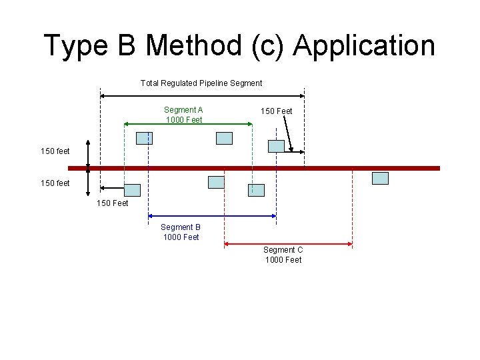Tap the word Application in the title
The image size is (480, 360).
pyautogui.click(x=363, y=45)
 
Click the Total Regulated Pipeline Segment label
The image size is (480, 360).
pyautogui.click(x=201, y=83)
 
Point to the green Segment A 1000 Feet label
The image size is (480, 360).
pyautogui.click(x=183, y=115)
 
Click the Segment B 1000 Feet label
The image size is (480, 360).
pyautogui.click(x=181, y=232)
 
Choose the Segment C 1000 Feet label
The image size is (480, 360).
pyautogui.click(x=283, y=255)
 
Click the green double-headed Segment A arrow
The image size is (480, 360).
pyautogui.click(x=188, y=124)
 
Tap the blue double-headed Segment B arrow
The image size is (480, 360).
pyautogui.click(x=212, y=215)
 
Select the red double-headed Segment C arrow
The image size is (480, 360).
pyautogui.click(x=287, y=244)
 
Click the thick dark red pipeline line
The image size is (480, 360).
pyautogui.click(x=253, y=169)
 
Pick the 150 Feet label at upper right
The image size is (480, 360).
pyautogui.click(x=276, y=111)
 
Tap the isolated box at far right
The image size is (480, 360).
pyautogui.click(x=380, y=178)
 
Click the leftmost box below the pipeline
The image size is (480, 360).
pyautogui.click(x=133, y=190)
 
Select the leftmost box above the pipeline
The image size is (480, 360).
pyautogui.click(x=144, y=138)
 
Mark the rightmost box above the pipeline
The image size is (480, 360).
pyautogui.click(x=276, y=146)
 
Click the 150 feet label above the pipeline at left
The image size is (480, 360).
pyautogui.click(x=55, y=151)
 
